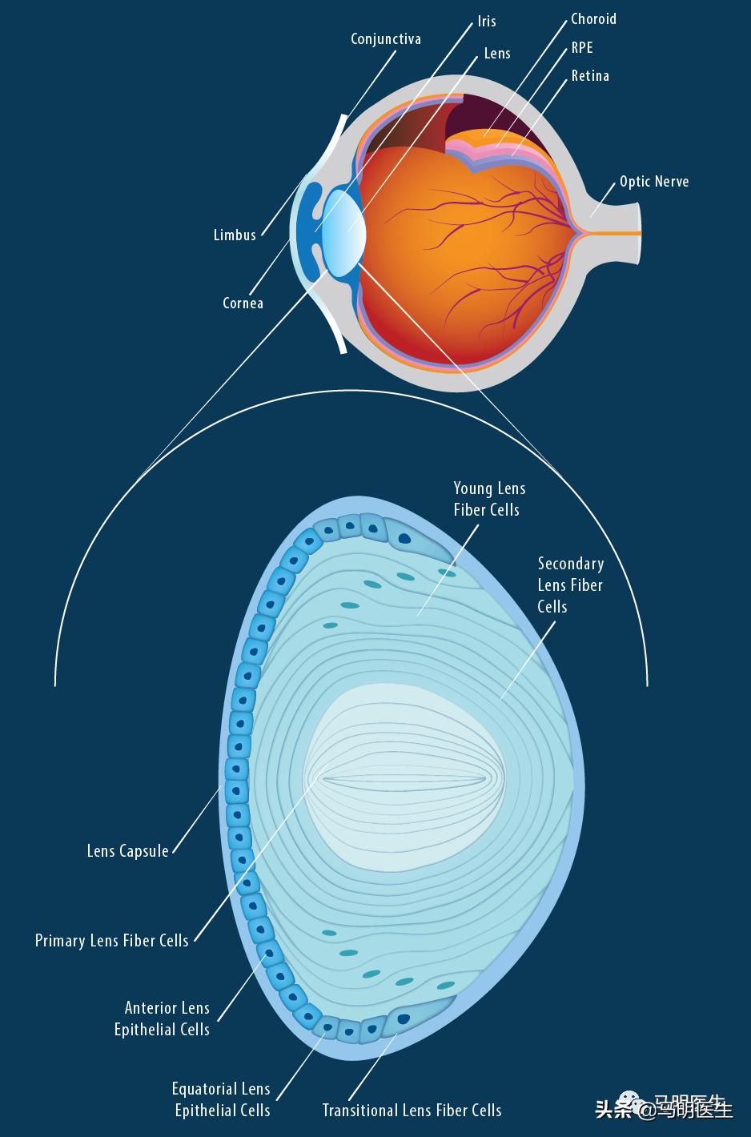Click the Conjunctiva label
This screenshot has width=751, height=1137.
click(385, 38)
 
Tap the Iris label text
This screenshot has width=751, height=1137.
click(487, 21)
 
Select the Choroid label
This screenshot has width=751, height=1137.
click(593, 18)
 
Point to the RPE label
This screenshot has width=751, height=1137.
click(582, 47)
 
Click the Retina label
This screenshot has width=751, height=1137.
click(590, 76)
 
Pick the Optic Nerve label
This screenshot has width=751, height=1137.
click(653, 181)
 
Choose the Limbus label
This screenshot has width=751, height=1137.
click(235, 235)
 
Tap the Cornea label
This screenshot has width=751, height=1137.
click(243, 303)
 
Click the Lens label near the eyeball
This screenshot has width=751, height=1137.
click(497, 53)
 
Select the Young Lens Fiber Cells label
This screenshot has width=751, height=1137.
click(489, 499)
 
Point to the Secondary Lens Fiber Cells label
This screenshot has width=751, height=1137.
click(570, 585)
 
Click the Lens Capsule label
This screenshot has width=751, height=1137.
click(127, 850)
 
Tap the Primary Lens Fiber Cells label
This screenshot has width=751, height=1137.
click(111, 940)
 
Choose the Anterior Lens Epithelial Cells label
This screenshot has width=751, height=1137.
click(162, 1018)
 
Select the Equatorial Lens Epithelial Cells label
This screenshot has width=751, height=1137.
click(222, 1099)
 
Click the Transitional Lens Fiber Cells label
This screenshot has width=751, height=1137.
click(412, 1111)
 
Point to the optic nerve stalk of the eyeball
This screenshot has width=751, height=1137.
click(616, 232)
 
